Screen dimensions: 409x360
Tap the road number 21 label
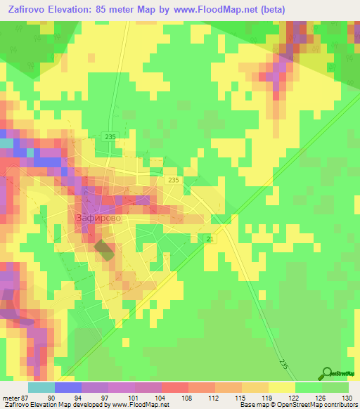pos(210,241)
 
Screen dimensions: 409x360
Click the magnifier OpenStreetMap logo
pos(326,373)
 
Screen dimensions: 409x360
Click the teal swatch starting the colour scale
pos(41,387)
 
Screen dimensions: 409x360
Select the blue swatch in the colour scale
pos(68,387)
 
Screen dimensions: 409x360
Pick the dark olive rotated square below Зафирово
pos(103,250)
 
